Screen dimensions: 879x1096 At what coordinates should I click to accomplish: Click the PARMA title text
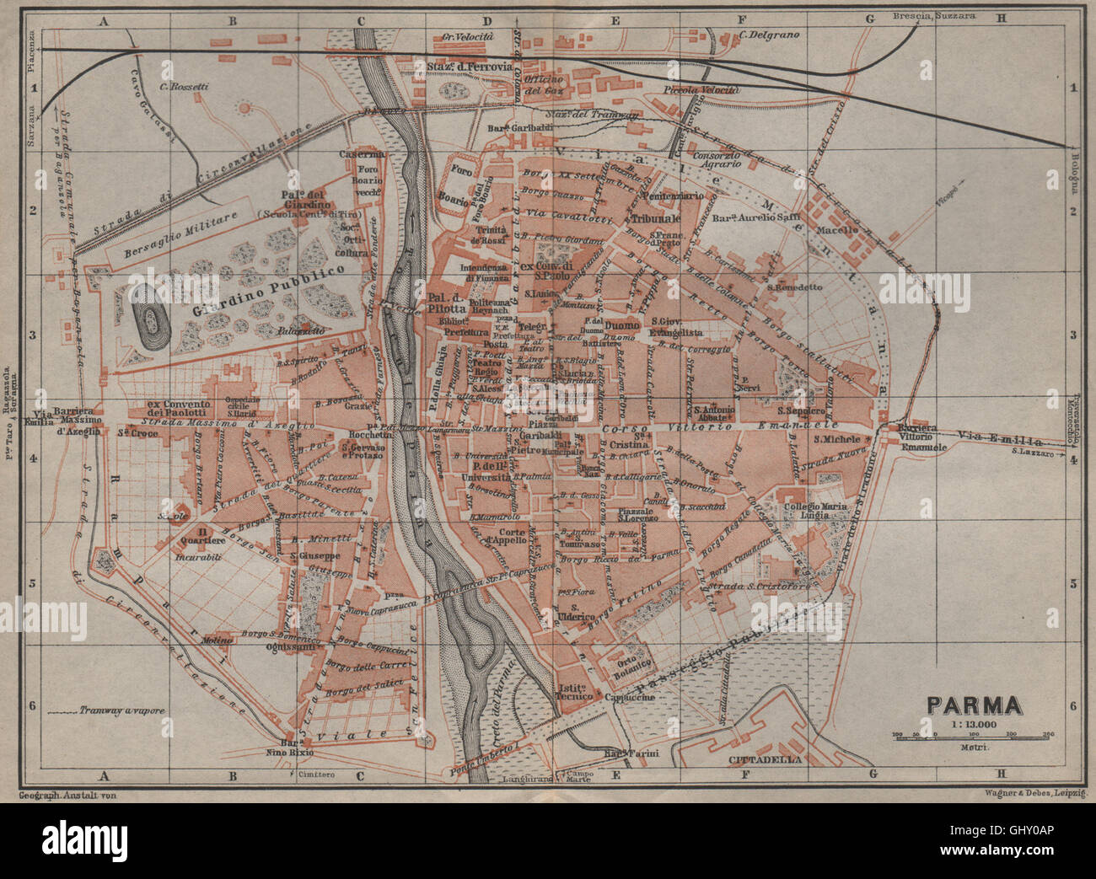click(x=975, y=705)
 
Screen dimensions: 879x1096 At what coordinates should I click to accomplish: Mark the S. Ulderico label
click(x=578, y=613)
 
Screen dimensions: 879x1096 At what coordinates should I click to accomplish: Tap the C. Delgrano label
click(x=769, y=35)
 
